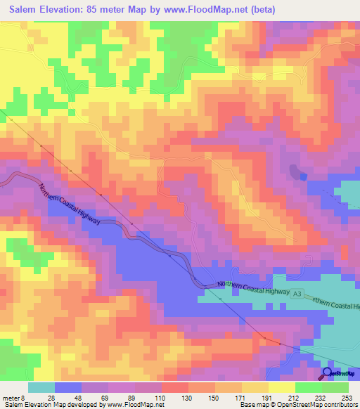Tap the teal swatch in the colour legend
click(x=41, y=388)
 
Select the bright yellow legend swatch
click(x=281, y=388)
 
